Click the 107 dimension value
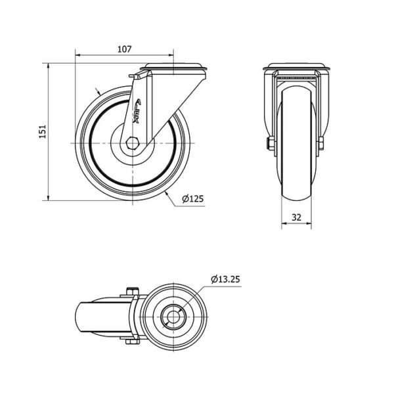tap(125, 49)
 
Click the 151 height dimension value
tap(43, 131)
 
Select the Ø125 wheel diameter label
tap(192, 199)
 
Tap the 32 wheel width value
tap(297, 217)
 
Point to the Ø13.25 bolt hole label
tap(226, 279)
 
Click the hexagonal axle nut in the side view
tap(132, 143)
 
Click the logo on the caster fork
tap(137, 111)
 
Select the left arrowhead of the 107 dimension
tap(77, 55)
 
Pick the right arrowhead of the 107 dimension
tap(171, 55)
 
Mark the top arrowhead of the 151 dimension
tap(48, 66)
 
